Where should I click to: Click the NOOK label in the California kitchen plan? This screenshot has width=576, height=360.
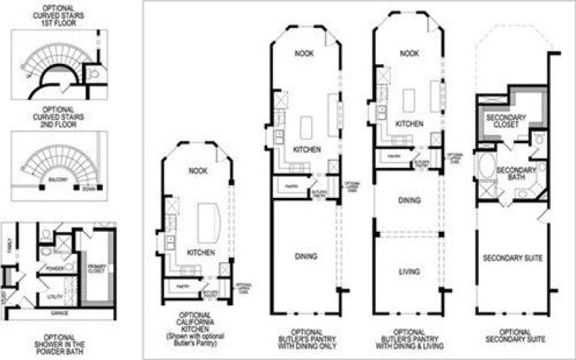click(x=197, y=171)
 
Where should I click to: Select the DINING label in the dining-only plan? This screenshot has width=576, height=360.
click(x=306, y=256)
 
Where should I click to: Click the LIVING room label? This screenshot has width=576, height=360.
click(x=409, y=272)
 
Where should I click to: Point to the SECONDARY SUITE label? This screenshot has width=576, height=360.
click(x=512, y=258)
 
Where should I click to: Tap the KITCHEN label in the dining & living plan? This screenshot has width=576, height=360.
click(x=409, y=125)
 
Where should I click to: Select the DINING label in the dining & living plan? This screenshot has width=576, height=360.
click(x=409, y=200)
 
